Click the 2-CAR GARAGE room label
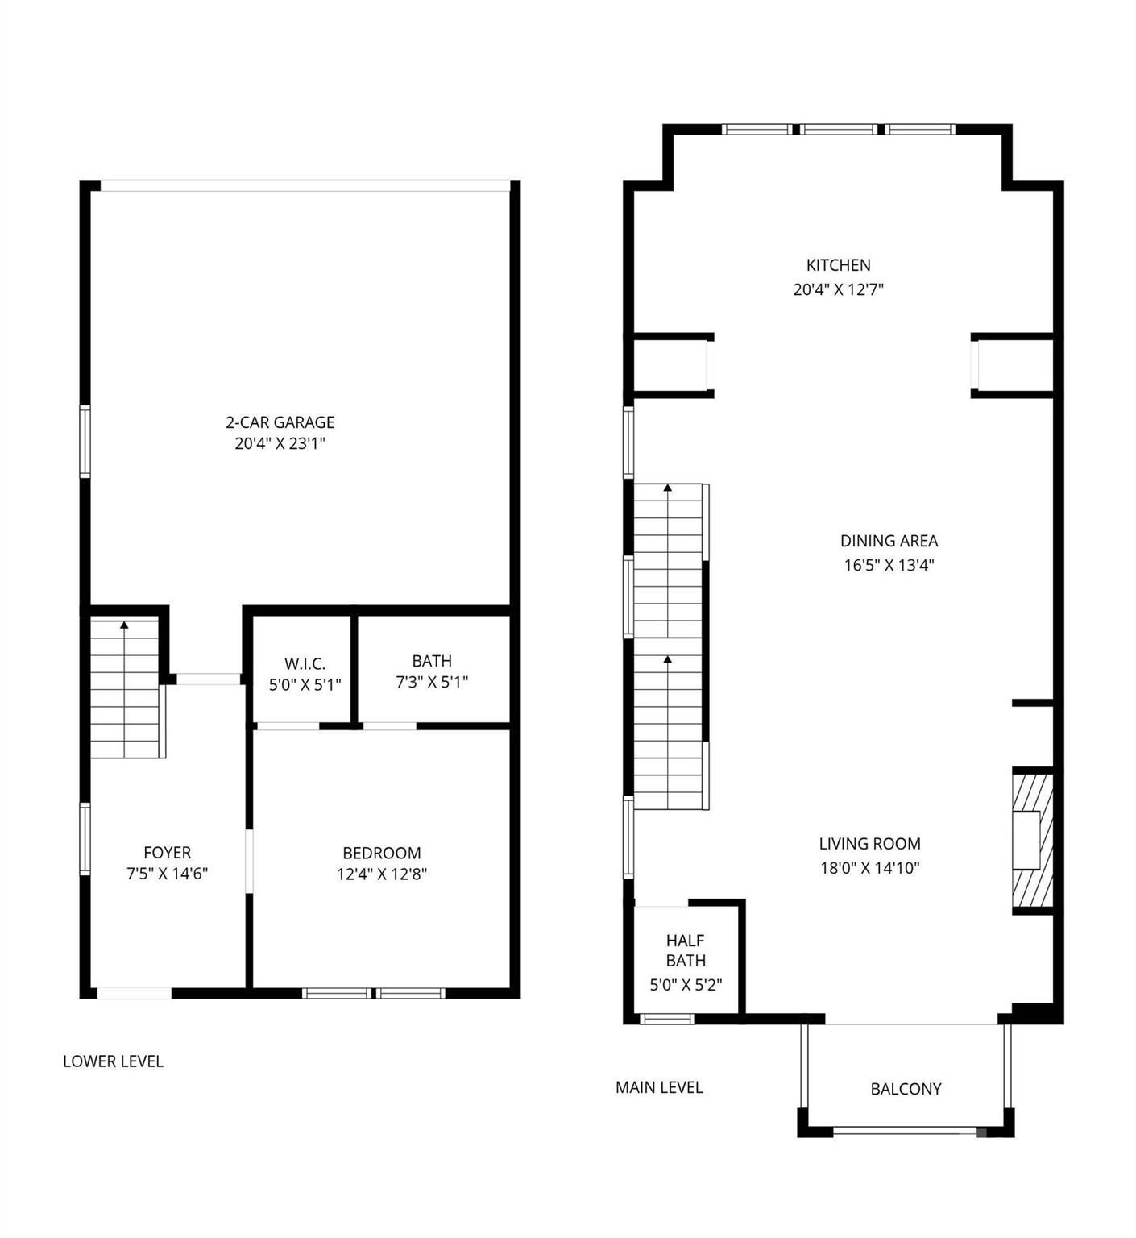pyautogui.click(x=280, y=422)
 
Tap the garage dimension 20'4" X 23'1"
pyautogui.click(x=280, y=443)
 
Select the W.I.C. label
pyautogui.click(x=305, y=664)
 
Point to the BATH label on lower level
pyautogui.click(x=432, y=661)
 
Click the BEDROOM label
pyautogui.click(x=381, y=853)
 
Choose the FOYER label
pyautogui.click(x=167, y=853)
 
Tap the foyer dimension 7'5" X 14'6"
pyautogui.click(x=167, y=874)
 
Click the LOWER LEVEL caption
pyautogui.click(x=113, y=1061)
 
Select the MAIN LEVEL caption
pyautogui.click(x=659, y=1087)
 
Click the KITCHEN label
pyautogui.click(x=838, y=265)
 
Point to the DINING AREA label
pyautogui.click(x=889, y=541)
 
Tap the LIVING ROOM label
pyautogui.click(x=869, y=844)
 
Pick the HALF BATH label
pyautogui.click(x=686, y=950)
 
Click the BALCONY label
pyautogui.click(x=906, y=1089)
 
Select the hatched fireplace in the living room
pyautogui.click(x=1032, y=841)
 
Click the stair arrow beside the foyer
pyautogui.click(x=124, y=625)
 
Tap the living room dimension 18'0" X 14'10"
pyautogui.click(x=869, y=868)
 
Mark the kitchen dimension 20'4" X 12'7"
pyautogui.click(x=838, y=289)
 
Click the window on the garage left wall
pyautogui.click(x=85, y=442)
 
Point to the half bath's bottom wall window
pyautogui.click(x=667, y=1020)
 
